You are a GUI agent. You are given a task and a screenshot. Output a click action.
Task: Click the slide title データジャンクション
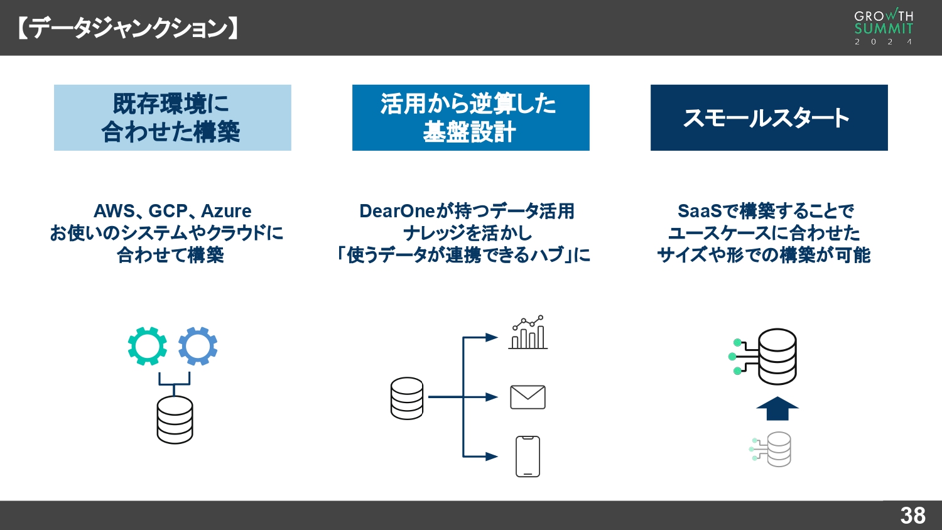tap(128, 28)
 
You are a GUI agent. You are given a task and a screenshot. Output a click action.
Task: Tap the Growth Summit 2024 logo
tap(884, 27)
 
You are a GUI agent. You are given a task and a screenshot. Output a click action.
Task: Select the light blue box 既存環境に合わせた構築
tap(173, 117)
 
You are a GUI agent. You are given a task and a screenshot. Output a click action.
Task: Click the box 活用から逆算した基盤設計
tap(471, 117)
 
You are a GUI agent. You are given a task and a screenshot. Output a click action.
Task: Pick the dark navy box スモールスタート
tap(769, 117)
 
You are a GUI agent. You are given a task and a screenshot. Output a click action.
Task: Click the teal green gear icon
tap(148, 346)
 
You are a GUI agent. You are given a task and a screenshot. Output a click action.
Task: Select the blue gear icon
tap(198, 346)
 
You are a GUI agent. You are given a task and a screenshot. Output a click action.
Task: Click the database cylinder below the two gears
tap(175, 419)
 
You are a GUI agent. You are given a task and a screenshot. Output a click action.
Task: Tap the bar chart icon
tap(528, 333)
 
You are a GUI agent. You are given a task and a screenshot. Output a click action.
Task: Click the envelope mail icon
tap(528, 397)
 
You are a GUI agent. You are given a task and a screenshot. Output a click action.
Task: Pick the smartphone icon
tap(528, 457)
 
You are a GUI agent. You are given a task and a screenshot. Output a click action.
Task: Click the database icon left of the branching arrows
tap(407, 398)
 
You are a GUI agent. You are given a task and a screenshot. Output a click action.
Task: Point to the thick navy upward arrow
tap(777, 408)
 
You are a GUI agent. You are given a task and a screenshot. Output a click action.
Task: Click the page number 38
tap(912, 516)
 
